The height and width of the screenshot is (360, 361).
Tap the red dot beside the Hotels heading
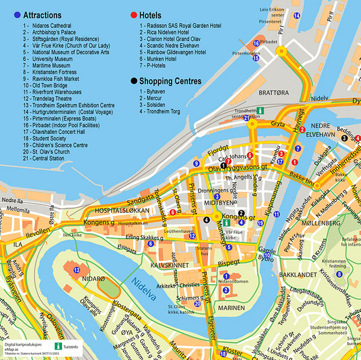(134, 14)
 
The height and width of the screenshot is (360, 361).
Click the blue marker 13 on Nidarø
(77, 271)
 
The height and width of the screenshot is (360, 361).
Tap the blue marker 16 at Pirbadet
(256, 44)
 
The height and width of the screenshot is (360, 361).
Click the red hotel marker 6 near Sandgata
(173, 212)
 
